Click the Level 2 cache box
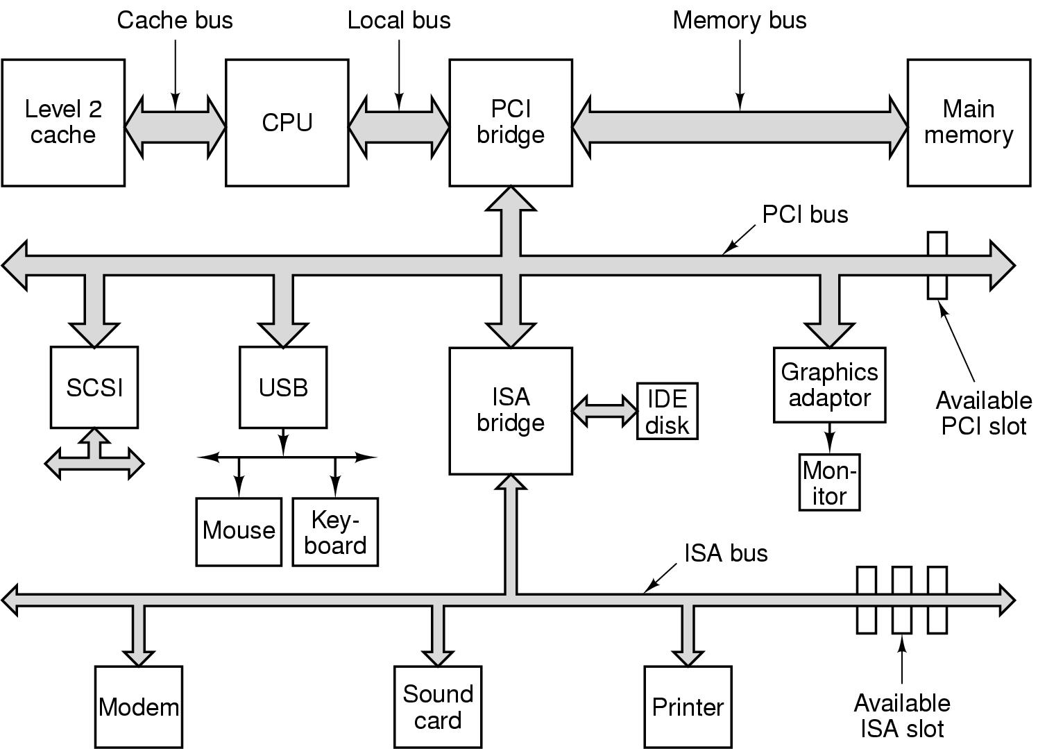pos(63,122)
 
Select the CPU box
pos(287,122)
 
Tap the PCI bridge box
pos(511,122)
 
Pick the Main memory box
pos(969,122)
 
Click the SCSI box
pos(94,387)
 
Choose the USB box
pos(283,387)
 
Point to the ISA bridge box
pos(511,410)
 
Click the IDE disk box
pos(667,411)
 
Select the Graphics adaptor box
pos(829,385)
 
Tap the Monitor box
pos(829,482)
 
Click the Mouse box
pos(239,531)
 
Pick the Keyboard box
pos(335,532)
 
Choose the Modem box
pos(139,707)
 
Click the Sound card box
pos(438,707)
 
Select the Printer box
pos(688,707)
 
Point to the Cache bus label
pos(175,20)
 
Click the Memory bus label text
pos(740,20)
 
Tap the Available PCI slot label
pos(983,412)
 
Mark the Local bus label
pos(399,20)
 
